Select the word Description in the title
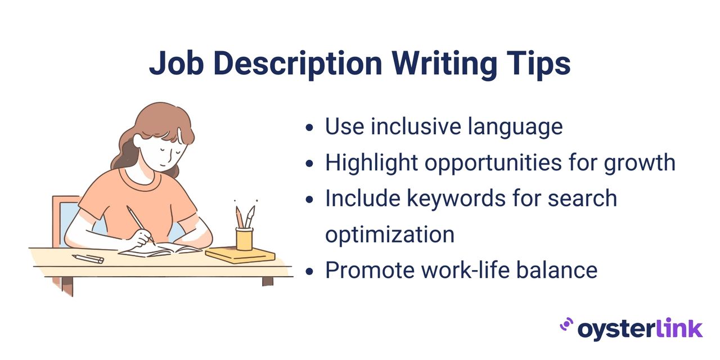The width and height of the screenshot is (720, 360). (297, 64)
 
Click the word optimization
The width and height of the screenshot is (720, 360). (389, 235)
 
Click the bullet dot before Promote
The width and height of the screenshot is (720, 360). (309, 271)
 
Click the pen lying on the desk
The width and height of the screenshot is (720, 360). (88, 258)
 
